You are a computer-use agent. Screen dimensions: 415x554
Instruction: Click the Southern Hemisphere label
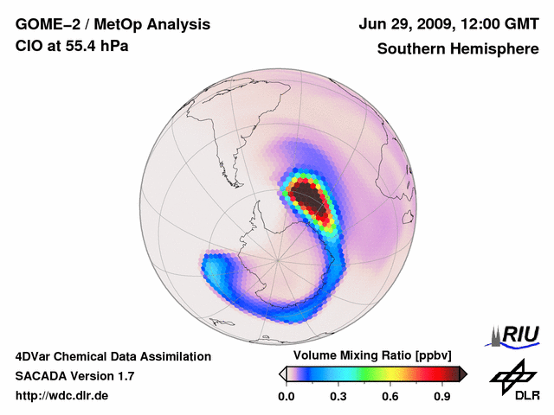point(457,48)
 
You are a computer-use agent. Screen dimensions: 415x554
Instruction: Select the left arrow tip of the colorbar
point(282,373)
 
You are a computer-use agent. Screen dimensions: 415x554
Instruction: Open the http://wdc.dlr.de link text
point(63,396)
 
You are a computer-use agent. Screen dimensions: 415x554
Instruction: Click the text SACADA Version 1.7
point(74,376)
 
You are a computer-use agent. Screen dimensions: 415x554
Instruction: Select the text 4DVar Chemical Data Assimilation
point(113,356)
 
